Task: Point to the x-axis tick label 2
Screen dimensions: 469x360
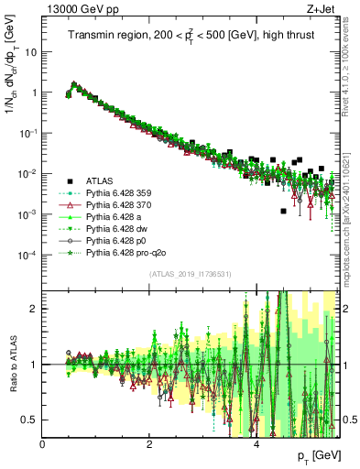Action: click(x=149, y=444)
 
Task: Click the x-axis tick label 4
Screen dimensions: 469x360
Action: click(x=256, y=444)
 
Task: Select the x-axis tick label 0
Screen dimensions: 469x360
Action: click(x=43, y=444)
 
